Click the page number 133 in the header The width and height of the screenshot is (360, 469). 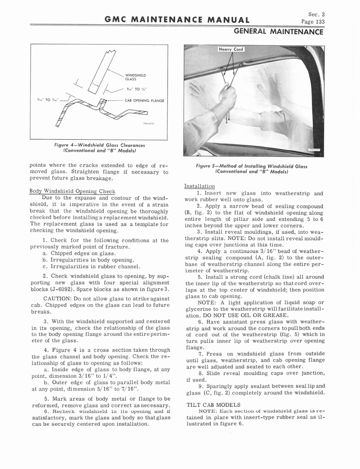(x=313, y=22)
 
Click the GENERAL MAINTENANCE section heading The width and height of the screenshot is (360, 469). (x=279, y=32)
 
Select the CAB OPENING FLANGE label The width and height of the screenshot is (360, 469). (x=145, y=100)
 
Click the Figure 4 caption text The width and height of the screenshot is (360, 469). (x=99, y=148)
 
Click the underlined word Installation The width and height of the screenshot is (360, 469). (x=199, y=186)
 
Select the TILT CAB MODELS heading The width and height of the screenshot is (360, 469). (x=213, y=405)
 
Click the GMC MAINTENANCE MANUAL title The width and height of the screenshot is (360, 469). (x=177, y=20)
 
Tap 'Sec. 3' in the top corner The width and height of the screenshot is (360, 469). (x=315, y=14)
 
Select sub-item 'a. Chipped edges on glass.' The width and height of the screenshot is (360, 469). (x=79, y=253)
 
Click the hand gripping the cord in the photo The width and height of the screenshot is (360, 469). (x=227, y=93)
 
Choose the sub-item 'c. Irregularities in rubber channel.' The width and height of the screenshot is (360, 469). (x=91, y=266)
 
